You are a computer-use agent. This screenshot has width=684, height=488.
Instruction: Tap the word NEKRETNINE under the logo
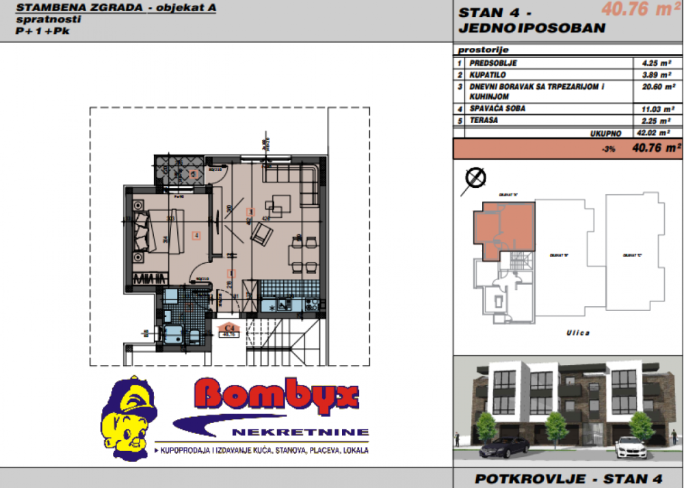tap(300, 432)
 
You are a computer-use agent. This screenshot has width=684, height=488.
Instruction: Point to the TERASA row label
tap(484, 120)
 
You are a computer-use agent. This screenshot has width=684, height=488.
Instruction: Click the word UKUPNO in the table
tap(605, 133)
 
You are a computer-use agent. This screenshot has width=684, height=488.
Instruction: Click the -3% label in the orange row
tap(605, 148)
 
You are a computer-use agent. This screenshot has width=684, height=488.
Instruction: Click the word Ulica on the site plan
tap(577, 333)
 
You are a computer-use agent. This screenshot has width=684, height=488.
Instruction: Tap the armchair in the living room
tap(262, 236)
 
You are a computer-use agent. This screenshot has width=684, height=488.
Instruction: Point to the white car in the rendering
tap(633, 448)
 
